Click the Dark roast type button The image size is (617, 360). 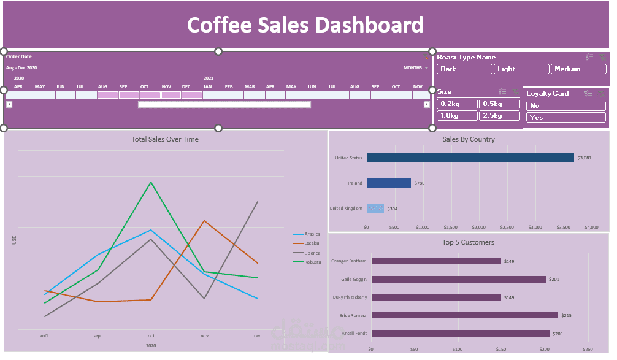coord(464,69)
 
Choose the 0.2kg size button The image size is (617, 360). coord(456,104)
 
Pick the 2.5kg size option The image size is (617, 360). coord(499,115)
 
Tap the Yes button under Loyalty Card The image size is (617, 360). coord(565,117)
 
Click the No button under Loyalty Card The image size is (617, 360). coord(565,105)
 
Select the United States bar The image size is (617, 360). coord(470,158)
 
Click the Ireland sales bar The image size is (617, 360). coord(388,183)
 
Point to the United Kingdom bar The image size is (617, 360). coord(375,209)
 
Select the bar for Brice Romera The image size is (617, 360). coord(464,315)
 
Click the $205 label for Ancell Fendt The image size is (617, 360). coord(558,334)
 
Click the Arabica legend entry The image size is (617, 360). coord(312,234)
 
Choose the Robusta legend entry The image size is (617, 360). coord(312,262)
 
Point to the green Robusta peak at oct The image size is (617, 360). coord(151,182)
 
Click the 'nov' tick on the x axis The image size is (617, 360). coord(204,336)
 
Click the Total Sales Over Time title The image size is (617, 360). coord(165,139)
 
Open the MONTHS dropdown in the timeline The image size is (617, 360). coord(416,67)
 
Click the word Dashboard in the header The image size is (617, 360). coord(369,25)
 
